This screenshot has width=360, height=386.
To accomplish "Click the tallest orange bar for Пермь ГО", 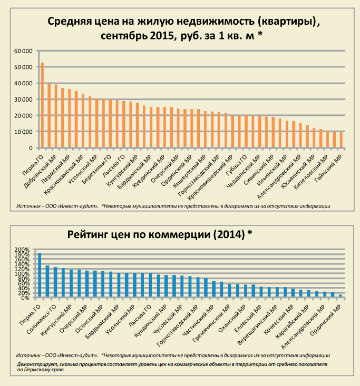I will (x=42, y=105).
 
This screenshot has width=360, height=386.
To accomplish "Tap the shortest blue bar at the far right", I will (x=340, y=296).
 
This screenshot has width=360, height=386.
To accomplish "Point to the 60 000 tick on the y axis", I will (x=23, y=51).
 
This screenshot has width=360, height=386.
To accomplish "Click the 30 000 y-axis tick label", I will (x=23, y=100).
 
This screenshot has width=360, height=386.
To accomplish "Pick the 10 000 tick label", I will (x=23, y=132).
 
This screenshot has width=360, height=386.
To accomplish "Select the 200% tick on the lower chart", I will (x=24, y=250).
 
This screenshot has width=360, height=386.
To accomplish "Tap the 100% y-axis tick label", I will (x=24, y=274).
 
